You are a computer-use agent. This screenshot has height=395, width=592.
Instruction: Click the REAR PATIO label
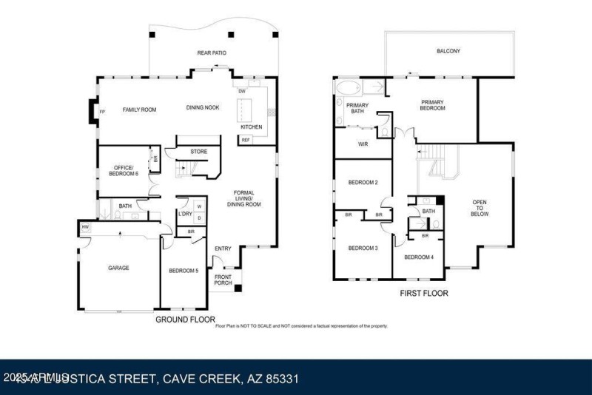[x=211, y=53]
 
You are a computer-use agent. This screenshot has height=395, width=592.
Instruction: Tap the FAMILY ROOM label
[x=139, y=109]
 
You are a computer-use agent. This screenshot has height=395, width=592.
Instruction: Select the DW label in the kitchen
[x=242, y=91]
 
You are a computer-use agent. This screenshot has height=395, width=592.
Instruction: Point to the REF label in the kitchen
[x=246, y=139]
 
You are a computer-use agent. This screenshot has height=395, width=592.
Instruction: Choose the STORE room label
[x=199, y=152]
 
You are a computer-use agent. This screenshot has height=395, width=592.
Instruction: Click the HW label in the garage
[x=86, y=227]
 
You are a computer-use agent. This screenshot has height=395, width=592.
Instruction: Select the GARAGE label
[x=118, y=268]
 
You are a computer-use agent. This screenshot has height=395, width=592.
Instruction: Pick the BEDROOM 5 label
[x=184, y=271]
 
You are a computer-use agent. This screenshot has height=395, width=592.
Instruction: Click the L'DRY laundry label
[x=185, y=214]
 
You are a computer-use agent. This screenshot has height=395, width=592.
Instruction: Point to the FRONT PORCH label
[x=223, y=280]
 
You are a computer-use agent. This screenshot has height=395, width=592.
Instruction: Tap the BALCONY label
[x=448, y=51]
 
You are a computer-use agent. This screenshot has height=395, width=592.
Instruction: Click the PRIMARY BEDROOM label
[x=433, y=105]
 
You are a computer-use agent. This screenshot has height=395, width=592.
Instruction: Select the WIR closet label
[x=363, y=144]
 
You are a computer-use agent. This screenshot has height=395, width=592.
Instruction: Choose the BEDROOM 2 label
[x=363, y=182]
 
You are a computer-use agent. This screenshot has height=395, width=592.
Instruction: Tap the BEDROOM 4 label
[x=418, y=257]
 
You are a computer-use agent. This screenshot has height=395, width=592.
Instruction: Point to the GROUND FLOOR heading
[x=185, y=320]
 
